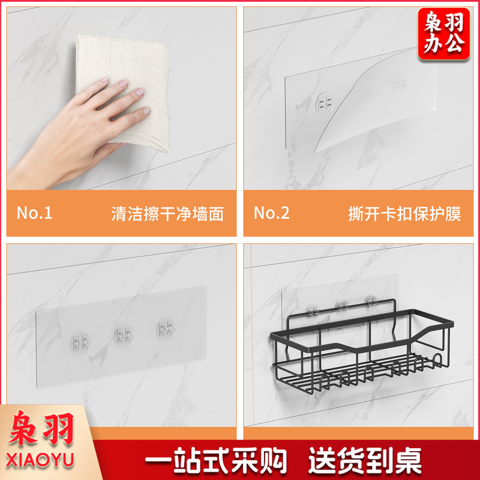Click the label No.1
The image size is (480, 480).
pyautogui.click(x=34, y=213)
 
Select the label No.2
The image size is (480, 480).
pyautogui.click(x=271, y=213)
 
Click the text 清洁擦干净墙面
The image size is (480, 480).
pyautogui.click(x=168, y=214)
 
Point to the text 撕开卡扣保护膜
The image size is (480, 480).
pyautogui.click(x=404, y=214)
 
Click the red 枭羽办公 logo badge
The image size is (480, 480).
pyautogui.click(x=444, y=34)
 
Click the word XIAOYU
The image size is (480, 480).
pyautogui.click(x=40, y=460)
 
